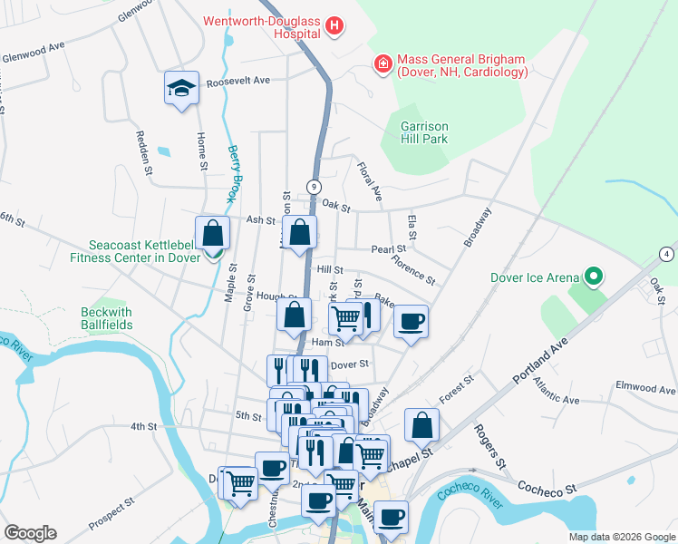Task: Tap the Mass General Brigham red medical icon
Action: click(x=383, y=64)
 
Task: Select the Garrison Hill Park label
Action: click(x=424, y=132)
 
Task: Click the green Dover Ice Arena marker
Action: click(x=594, y=275)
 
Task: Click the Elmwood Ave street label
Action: click(x=645, y=390)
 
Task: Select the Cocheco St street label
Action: click(x=547, y=488)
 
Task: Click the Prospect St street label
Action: click(x=111, y=513)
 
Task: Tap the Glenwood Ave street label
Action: click(x=34, y=46)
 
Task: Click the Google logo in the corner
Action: click(x=30, y=532)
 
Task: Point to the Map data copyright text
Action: click(x=621, y=537)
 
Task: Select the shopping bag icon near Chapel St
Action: click(x=421, y=424)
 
